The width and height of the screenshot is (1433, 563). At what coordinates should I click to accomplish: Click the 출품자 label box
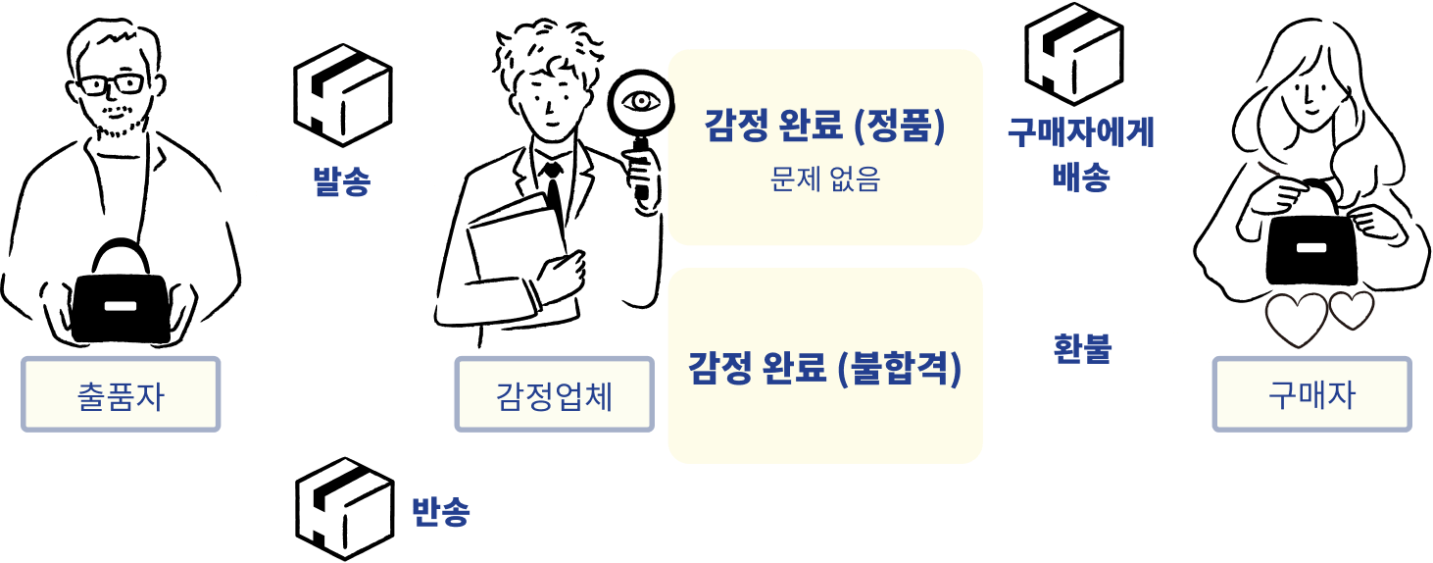(121, 394)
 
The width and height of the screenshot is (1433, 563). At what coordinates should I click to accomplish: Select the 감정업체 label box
(554, 394)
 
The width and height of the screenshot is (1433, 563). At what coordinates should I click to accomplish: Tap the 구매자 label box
(1311, 394)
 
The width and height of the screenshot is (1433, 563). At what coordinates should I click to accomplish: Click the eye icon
(642, 101)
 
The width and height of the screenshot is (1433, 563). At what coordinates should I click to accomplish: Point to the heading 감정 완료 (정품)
(824, 127)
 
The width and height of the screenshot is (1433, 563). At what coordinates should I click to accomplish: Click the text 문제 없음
(824, 179)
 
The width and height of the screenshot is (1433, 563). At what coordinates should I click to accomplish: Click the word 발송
(340, 179)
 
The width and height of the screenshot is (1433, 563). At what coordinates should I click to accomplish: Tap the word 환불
(1082, 347)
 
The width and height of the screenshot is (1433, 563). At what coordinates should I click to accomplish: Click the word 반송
(440, 511)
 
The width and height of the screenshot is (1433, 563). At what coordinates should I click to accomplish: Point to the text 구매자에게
(1081, 131)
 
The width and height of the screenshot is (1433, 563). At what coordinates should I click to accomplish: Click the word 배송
(1080, 177)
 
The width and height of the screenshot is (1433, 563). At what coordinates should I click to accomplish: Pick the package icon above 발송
(343, 94)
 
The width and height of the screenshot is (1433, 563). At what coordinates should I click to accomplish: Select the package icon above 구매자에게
(1073, 53)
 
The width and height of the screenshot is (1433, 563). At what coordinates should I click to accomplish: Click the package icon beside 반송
(343, 508)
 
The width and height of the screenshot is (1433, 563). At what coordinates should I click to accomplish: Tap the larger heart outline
(1296, 320)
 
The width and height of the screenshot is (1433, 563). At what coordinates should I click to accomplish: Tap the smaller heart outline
(1352, 311)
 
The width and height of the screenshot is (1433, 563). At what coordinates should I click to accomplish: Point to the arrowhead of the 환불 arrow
(1191, 361)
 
